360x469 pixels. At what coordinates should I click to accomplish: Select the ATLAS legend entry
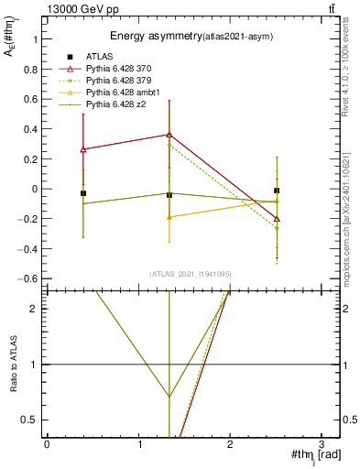click(102, 57)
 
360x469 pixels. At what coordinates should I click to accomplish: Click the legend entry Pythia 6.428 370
click(124, 69)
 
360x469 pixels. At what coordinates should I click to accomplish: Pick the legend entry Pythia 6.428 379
click(124, 82)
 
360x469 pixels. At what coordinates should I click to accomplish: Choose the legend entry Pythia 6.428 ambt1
click(126, 93)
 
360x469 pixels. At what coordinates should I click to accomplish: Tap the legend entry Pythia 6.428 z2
click(121, 105)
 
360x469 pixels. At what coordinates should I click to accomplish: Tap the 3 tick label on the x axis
click(322, 443)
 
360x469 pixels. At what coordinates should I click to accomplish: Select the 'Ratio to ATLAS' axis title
click(14, 365)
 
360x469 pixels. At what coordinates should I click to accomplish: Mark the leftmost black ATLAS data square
click(83, 193)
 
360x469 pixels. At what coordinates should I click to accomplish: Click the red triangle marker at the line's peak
click(169, 135)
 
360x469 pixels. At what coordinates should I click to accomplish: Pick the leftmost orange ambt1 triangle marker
click(169, 217)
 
